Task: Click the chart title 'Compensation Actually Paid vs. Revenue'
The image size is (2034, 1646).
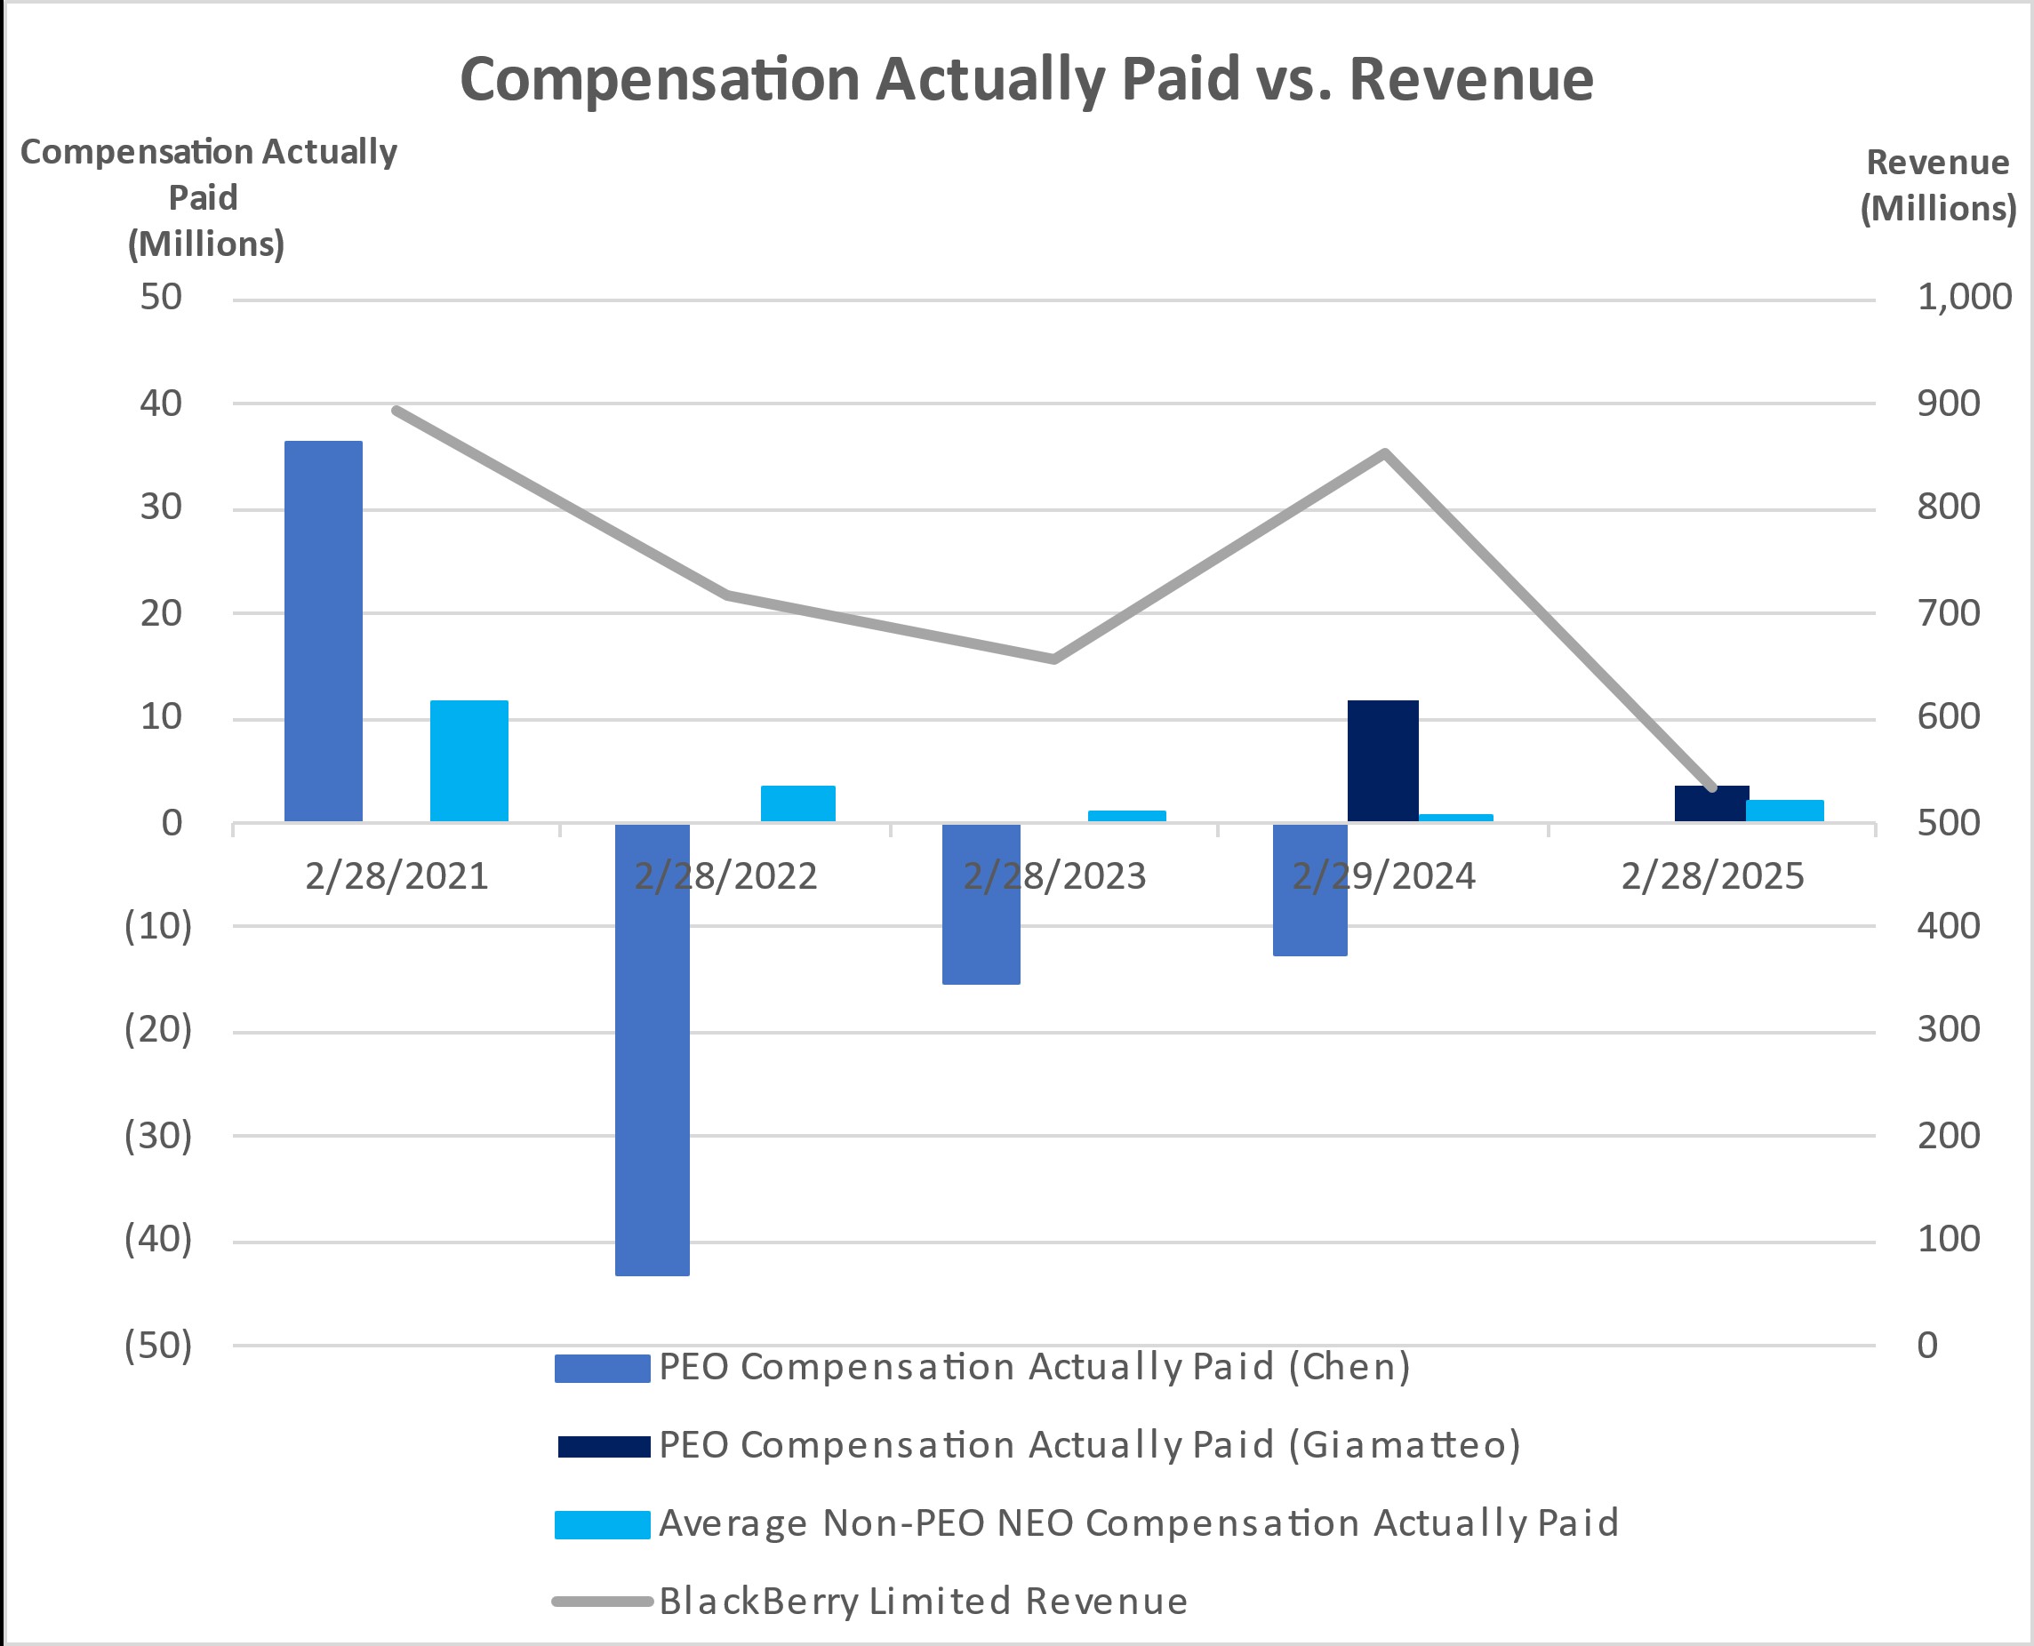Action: click(1026, 79)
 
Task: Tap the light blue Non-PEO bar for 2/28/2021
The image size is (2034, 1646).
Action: click(469, 761)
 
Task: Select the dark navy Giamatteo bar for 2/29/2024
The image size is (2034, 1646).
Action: click(1382, 761)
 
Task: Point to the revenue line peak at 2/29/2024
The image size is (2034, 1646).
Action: click(1384, 453)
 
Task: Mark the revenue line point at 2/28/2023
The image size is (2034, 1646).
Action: click(1053, 658)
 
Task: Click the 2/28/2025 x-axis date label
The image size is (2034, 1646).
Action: click(1711, 876)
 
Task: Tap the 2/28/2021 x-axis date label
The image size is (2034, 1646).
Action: click(396, 876)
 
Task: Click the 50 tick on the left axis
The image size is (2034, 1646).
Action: click(161, 298)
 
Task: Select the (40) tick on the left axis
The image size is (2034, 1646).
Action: click(158, 1238)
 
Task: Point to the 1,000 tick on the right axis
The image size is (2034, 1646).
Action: click(1964, 298)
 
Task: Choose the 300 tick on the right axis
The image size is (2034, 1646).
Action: click(1948, 1029)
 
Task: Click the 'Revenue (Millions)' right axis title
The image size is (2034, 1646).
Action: click(1938, 186)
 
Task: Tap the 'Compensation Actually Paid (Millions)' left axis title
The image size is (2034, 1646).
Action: click(208, 197)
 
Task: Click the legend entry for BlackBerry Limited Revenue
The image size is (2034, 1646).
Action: click(922, 1601)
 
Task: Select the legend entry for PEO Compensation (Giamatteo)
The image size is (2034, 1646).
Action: click(1089, 1444)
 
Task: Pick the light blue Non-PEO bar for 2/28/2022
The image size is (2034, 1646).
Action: click(797, 803)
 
